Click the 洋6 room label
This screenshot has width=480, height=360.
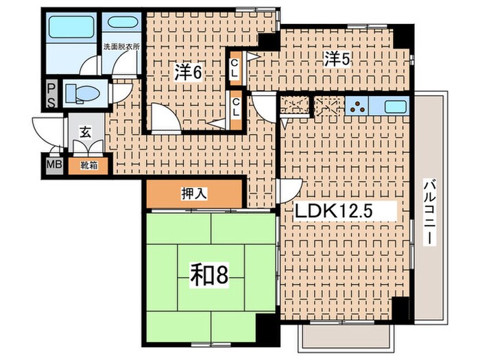tap(188, 72)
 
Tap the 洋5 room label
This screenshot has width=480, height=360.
tap(337, 59)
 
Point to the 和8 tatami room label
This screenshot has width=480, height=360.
tap(210, 274)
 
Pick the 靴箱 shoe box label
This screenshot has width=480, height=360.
tap(88, 165)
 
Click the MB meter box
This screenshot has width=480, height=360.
tap(54, 165)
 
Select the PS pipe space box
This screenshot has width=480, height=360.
tap(51, 94)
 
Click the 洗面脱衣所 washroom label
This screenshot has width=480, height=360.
tap(121, 47)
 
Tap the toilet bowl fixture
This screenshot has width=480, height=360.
tap(82, 93)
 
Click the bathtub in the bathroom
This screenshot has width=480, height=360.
tap(71, 27)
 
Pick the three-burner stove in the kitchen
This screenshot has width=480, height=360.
tap(357, 106)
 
